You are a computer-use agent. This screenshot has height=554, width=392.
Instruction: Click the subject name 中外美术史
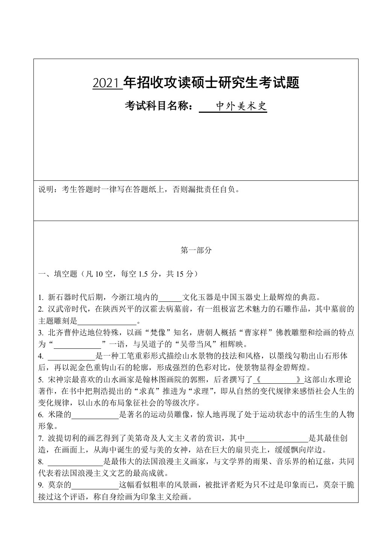[242, 107]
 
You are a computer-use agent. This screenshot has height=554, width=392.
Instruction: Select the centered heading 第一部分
[196, 250]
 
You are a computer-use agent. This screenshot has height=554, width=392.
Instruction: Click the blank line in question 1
[170, 298]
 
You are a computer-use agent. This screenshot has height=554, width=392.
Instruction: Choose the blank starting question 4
[71, 356]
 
